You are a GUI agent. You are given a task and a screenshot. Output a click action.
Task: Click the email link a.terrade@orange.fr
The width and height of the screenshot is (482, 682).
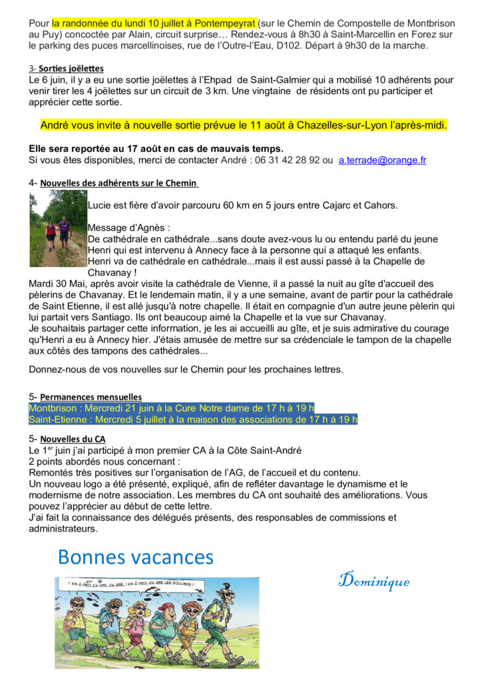pos(382,161)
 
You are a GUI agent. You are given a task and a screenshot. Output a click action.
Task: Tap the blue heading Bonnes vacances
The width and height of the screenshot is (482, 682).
pos(136,557)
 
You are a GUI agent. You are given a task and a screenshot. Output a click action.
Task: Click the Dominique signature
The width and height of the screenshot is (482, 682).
pos(373,580)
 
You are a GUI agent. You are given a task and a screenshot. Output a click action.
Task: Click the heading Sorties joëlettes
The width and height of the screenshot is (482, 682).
pos(71,68)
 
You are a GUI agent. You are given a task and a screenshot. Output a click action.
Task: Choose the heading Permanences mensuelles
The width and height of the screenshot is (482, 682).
pos(91,397)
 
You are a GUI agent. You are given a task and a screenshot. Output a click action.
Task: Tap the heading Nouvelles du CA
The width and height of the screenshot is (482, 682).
pos(73,439)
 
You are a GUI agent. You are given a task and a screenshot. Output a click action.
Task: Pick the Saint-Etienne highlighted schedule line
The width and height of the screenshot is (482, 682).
pos(193,420)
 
